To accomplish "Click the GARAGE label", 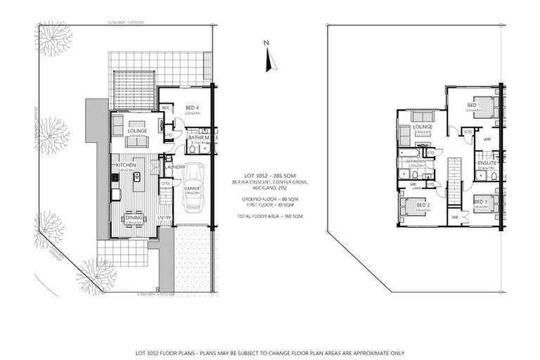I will click(x=193, y=188).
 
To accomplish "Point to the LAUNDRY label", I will click(x=175, y=167).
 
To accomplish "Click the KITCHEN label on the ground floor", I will click(x=125, y=165).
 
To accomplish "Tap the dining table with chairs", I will click(x=133, y=219).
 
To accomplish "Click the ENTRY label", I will click(x=164, y=217).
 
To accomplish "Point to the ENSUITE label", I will click(x=487, y=164).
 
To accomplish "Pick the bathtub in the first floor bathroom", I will click(x=408, y=152).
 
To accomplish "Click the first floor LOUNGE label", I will click(x=423, y=127).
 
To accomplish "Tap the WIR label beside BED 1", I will click(x=487, y=139).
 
